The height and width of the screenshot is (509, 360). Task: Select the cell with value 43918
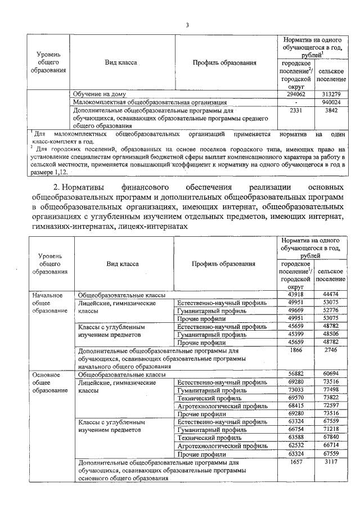296,295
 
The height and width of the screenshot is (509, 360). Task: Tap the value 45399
296,334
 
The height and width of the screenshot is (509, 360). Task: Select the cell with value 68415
296,406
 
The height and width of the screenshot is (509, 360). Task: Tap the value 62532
296,445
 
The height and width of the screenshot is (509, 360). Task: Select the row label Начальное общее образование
49,303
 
